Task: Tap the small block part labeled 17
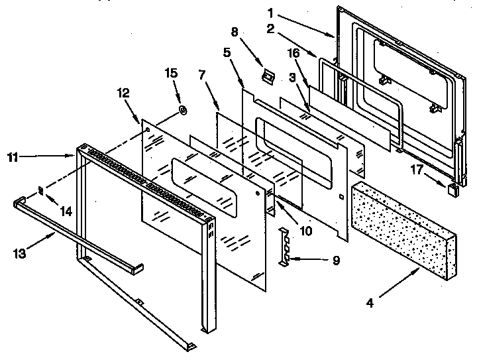pyautogui.click(x=452, y=190)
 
